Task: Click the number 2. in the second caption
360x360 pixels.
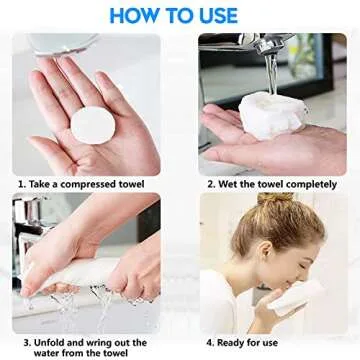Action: click(210, 185)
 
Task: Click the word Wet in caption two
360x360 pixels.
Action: click(229, 185)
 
